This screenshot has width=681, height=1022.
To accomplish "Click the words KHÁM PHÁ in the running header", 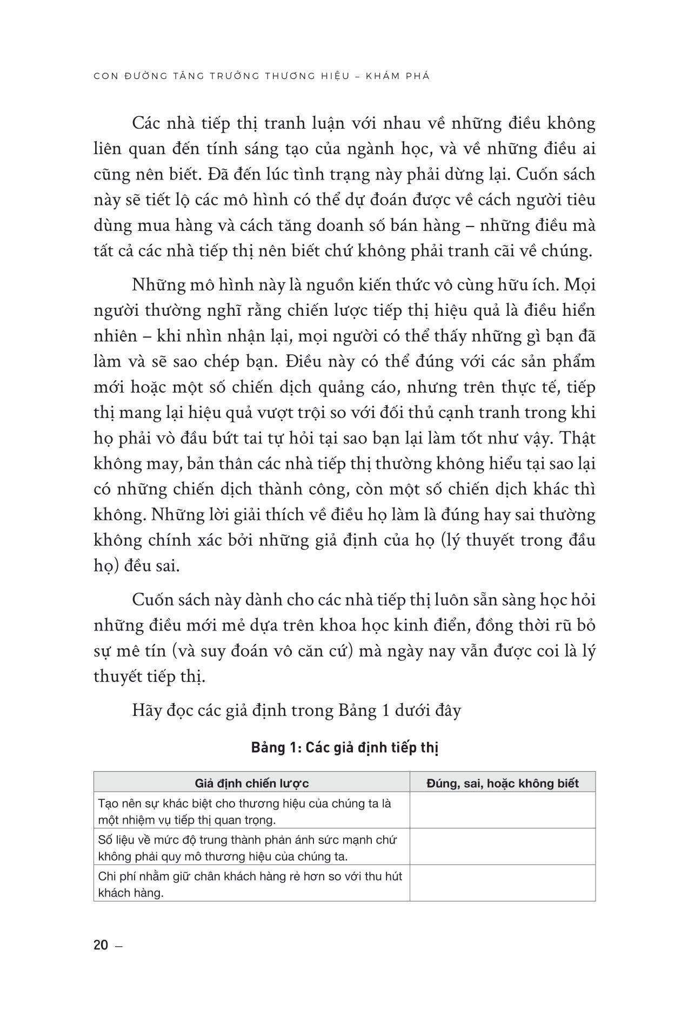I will pyautogui.click(x=397, y=76).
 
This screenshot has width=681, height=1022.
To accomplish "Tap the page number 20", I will pyautogui.click(x=101, y=945).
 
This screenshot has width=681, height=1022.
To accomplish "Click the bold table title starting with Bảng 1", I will pyautogui.click(x=344, y=748).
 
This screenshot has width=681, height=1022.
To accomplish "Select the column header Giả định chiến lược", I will pyautogui.click(x=251, y=783).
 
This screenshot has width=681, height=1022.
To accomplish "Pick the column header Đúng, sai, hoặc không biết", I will pyautogui.click(x=502, y=783).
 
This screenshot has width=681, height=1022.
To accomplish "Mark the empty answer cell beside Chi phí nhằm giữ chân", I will pyautogui.click(x=502, y=884).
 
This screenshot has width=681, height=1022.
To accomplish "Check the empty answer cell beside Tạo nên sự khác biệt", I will pyautogui.click(x=502, y=811).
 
